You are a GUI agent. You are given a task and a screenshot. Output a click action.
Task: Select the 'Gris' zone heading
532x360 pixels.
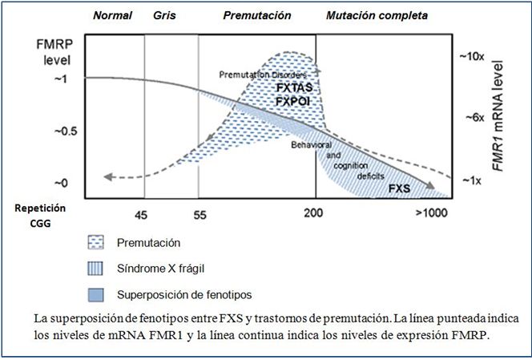tap(163, 15)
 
